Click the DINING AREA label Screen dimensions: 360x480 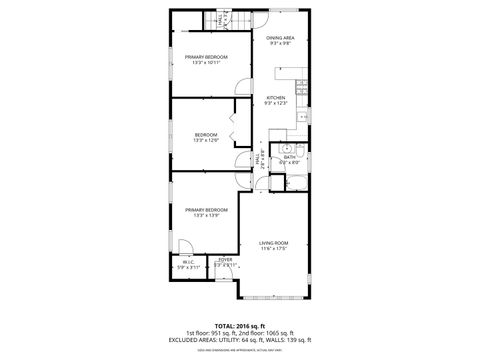(x=279, y=38)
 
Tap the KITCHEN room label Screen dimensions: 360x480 (x=275, y=97)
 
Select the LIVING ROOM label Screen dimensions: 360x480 (x=274, y=242)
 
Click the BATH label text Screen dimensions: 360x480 (x=288, y=157)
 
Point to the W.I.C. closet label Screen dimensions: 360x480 (x=189, y=263)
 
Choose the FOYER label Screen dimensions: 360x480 (x=225, y=259)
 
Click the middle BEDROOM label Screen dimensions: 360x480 (x=205, y=134)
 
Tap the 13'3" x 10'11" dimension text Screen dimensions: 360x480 (x=205, y=63)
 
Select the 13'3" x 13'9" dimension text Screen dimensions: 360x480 (x=205, y=215)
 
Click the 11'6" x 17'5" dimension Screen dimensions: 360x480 (x=274, y=248)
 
